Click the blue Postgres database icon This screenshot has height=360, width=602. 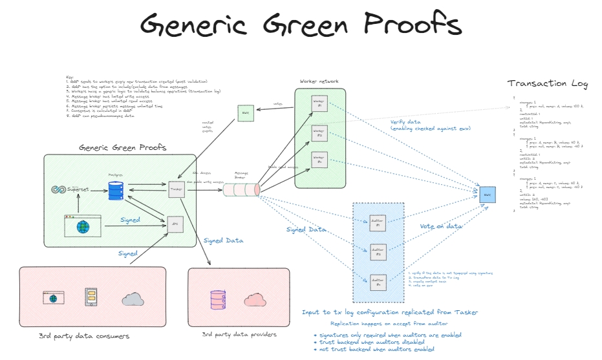tap(116, 191)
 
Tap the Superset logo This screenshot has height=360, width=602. tap(72, 189)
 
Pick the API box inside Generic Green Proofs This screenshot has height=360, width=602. tap(175, 224)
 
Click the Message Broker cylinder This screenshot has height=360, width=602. tap(242, 190)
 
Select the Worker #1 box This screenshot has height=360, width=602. tap(319, 104)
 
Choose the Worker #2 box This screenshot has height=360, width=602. tap(319, 132)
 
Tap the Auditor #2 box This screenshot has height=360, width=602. tap(378, 252)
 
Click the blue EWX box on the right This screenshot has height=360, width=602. tap(488, 194)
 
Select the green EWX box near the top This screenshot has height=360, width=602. tap(244, 113)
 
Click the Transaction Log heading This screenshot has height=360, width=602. tap(548, 83)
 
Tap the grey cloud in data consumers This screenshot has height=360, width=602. tap(133, 299)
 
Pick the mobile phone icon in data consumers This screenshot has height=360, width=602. tap(92, 297)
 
